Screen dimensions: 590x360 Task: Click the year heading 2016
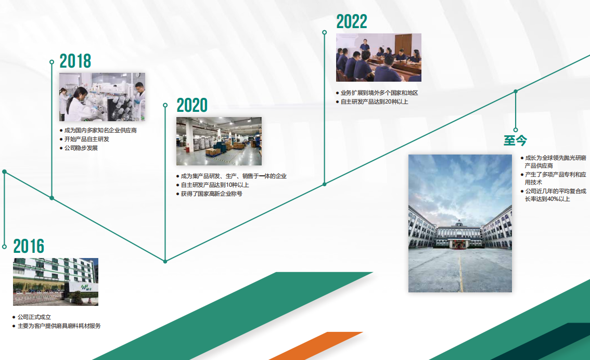29,247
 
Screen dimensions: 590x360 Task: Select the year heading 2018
75,61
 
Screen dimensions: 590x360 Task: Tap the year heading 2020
192,105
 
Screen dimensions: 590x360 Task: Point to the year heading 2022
351,21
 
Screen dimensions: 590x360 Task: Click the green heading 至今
515,140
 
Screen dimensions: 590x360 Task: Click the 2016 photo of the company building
56,282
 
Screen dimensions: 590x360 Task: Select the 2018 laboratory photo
102,97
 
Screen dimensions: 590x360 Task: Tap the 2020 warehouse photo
219,141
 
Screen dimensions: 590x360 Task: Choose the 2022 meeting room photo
379,58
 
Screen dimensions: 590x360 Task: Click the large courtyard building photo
460,224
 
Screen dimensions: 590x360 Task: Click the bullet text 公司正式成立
34,317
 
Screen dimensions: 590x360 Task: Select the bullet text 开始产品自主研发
86,139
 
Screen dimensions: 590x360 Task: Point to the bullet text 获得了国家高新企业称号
211,194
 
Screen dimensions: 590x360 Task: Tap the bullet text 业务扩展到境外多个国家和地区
379,93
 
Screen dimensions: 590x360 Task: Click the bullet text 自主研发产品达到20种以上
375,101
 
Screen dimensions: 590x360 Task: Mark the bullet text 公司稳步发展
81,148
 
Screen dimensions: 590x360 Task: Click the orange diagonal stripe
316,346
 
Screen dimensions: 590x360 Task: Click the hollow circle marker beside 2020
165,105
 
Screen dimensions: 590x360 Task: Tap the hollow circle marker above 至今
516,130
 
